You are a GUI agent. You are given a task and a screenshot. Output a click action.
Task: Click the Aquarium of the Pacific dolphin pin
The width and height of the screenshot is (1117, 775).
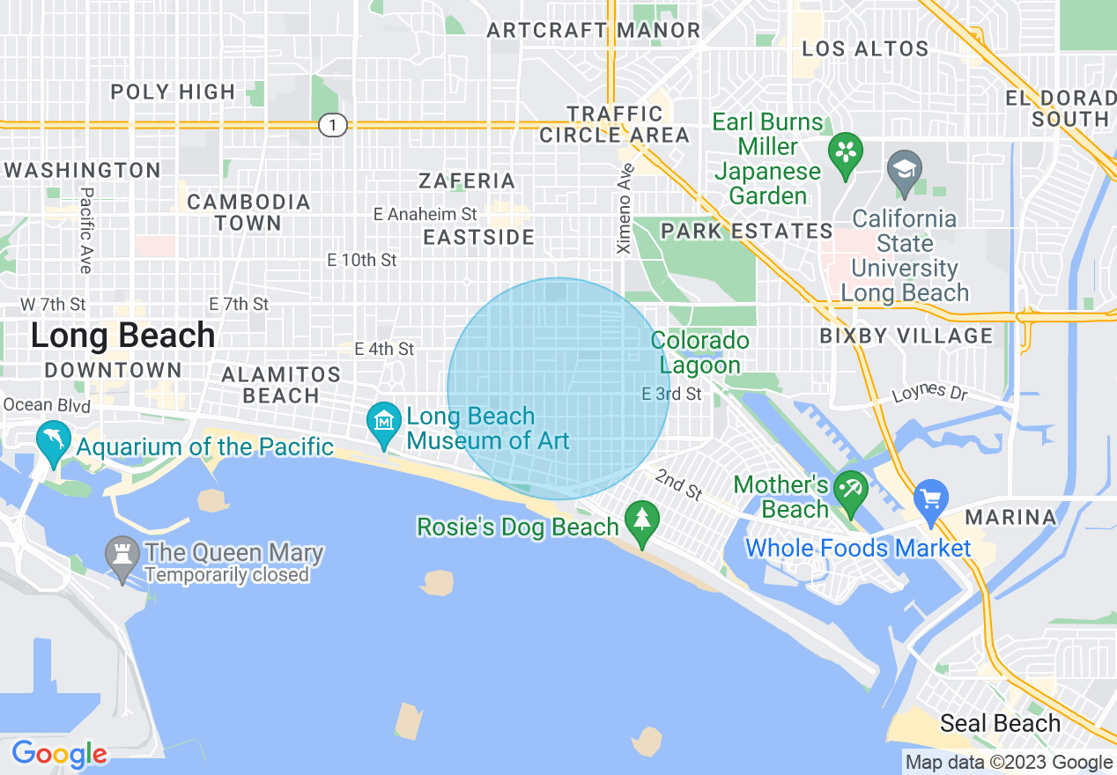tap(52, 440)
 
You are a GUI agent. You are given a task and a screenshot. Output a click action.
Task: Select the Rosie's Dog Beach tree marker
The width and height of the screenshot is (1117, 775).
tap(642, 520)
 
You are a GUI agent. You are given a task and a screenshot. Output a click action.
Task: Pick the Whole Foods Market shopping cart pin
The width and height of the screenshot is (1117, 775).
tap(931, 498)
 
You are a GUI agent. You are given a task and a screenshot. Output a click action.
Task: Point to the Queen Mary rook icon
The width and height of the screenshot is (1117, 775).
tap(122, 556)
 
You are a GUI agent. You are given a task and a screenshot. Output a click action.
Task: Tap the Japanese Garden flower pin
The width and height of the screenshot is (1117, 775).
tap(845, 152)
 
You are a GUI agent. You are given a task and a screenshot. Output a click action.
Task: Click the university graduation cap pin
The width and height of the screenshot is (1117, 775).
tap(904, 168)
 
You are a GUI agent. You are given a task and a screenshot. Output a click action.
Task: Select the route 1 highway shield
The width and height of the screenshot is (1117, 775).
tap(332, 125)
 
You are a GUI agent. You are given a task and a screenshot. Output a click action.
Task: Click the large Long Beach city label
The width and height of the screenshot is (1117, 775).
tap(122, 336)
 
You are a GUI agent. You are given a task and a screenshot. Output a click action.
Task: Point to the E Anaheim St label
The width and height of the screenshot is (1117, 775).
tap(425, 214)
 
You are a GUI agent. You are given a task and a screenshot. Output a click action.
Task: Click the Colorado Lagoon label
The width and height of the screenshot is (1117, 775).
tap(700, 352)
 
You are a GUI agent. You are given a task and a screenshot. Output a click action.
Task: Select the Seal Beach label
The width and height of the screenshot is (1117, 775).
tap(1000, 724)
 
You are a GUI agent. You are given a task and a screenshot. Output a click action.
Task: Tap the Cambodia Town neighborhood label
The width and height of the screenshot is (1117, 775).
tap(248, 212)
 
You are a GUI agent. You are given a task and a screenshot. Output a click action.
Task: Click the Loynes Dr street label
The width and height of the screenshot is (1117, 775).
tap(930, 392)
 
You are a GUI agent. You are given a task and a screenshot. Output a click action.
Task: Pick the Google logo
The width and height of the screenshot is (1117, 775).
tap(59, 755)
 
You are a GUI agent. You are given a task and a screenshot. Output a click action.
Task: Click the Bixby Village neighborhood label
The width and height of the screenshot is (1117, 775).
tap(906, 336)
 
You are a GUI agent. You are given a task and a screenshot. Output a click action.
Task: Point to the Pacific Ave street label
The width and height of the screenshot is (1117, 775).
tap(85, 230)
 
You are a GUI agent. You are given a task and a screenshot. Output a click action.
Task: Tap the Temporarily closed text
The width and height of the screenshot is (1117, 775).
tap(226, 575)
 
